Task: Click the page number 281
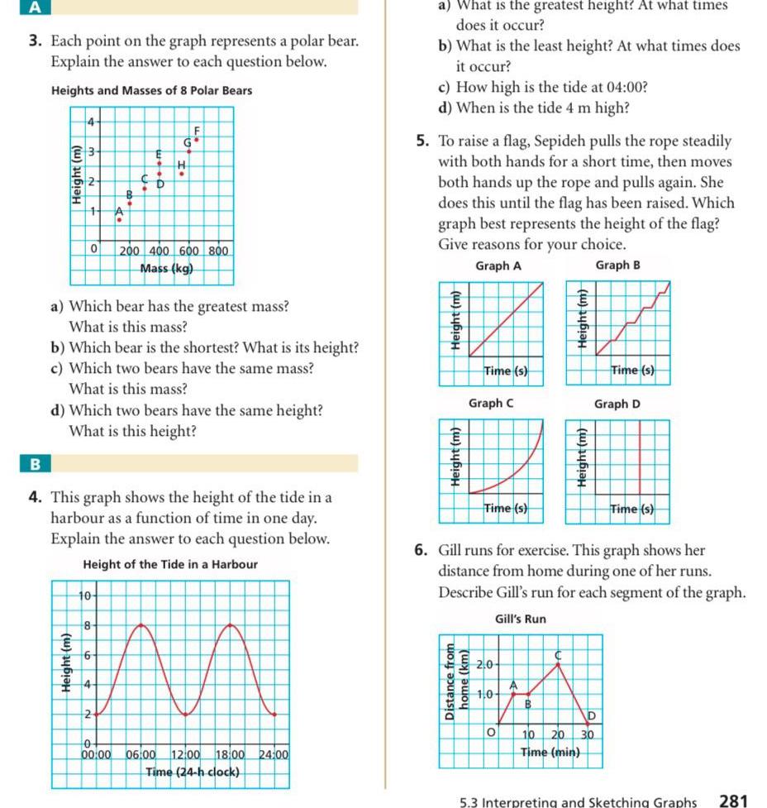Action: tap(733, 800)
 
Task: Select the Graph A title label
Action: tap(498, 265)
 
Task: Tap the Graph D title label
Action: tap(617, 404)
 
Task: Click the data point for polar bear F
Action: tap(196, 140)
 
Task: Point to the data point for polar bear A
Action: tap(118, 220)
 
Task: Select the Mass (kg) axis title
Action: tap(166, 268)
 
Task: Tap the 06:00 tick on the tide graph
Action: tap(141, 754)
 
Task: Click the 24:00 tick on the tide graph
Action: tap(273, 754)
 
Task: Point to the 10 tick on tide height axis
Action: tap(83, 595)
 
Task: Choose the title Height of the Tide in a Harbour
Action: tap(170, 565)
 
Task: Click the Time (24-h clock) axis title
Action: tap(193, 772)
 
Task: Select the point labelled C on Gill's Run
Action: tap(558, 664)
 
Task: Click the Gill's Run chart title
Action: tap(520, 619)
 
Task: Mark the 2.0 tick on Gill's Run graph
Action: tap(488, 664)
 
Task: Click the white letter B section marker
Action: tap(35, 464)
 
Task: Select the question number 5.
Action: tap(422, 142)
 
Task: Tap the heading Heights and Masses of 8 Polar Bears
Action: tap(151, 90)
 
